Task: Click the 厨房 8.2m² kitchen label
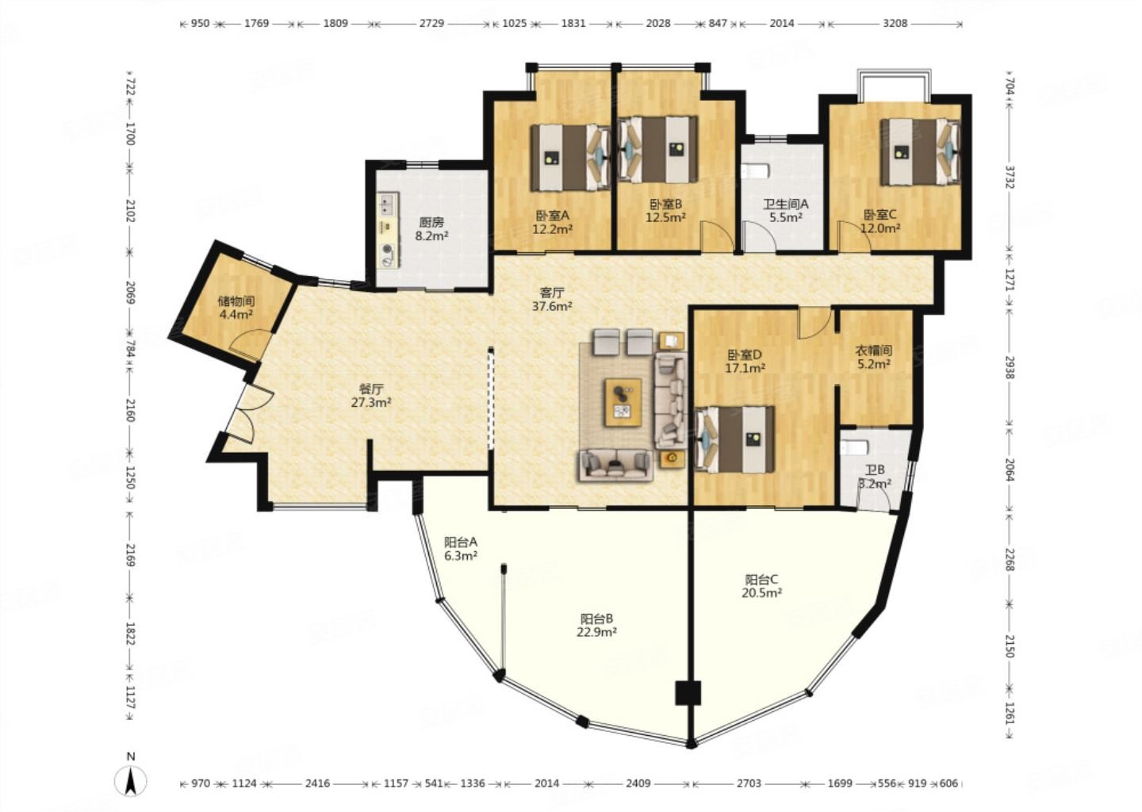431,229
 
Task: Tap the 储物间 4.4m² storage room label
236,308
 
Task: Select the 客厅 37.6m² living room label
552,300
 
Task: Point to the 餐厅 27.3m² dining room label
370,396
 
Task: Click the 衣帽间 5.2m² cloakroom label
873,358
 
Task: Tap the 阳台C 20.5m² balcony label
761,586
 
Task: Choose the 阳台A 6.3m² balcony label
460,549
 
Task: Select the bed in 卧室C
920,151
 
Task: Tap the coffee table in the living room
623,402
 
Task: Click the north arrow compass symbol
131,780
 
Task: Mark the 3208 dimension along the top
895,23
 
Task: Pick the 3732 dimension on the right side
1010,176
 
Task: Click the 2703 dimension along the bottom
749,783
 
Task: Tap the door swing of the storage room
250,343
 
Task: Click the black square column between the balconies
688,693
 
